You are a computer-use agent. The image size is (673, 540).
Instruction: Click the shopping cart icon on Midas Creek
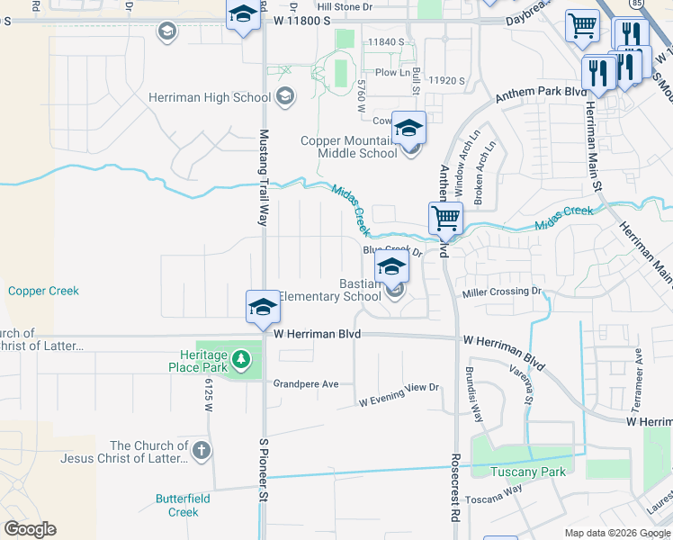click(445, 218)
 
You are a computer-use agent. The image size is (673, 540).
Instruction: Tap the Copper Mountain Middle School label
click(348, 147)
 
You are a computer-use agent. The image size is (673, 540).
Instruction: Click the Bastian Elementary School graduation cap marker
click(392, 266)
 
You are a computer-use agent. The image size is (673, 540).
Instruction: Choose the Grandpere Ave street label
click(306, 384)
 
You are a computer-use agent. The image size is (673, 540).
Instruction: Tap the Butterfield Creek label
click(183, 505)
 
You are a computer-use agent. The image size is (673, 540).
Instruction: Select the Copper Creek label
click(43, 291)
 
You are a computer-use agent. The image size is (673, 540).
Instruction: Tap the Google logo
click(30, 528)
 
